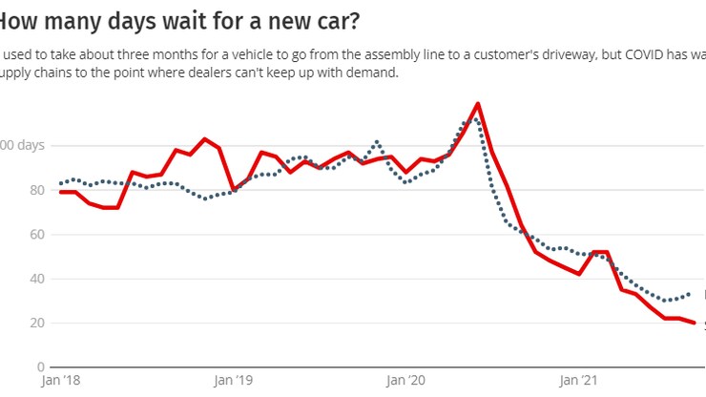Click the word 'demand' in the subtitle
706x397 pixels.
click(x=370, y=73)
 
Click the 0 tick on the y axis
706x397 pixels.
click(x=39, y=367)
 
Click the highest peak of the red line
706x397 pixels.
click(x=477, y=103)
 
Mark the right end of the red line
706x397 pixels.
click(x=694, y=323)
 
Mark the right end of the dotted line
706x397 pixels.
click(x=689, y=294)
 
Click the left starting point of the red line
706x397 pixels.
click(x=61, y=192)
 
